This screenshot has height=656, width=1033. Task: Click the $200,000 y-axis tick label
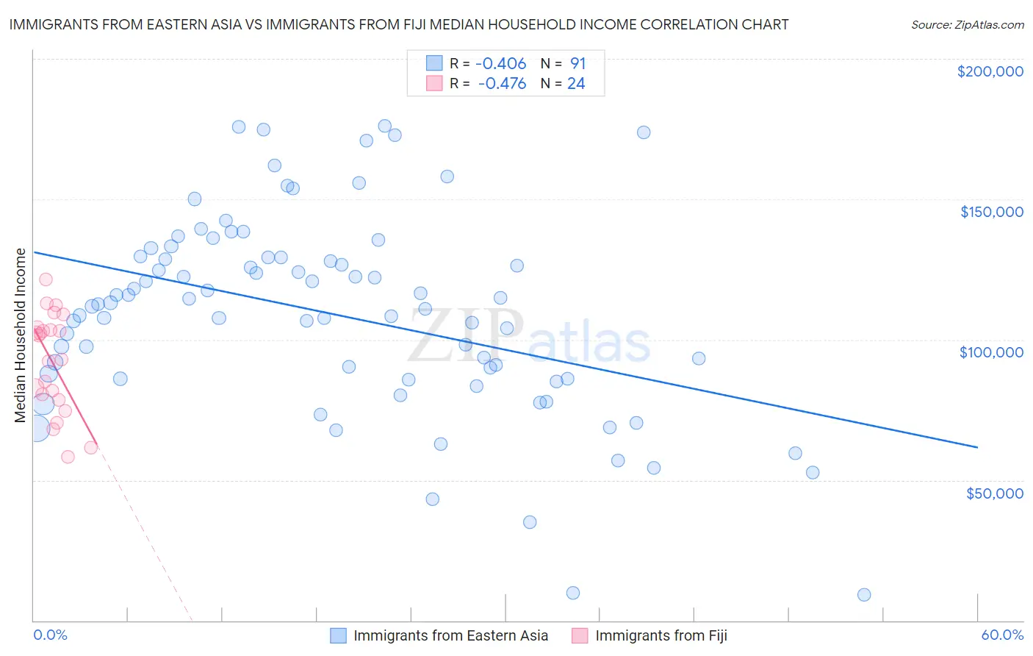pyautogui.click(x=990, y=71)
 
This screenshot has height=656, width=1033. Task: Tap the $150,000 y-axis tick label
pyautogui.click(x=991, y=212)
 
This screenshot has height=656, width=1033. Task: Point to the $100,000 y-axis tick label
pyautogui.click(x=991, y=352)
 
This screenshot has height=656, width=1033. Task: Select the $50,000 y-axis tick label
pyautogui.click(x=994, y=493)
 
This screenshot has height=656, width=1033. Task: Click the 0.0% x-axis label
pyautogui.click(x=50, y=635)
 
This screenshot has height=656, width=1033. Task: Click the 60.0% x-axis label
pyautogui.click(x=1002, y=635)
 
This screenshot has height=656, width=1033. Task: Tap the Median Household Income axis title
pyautogui.click(x=20, y=335)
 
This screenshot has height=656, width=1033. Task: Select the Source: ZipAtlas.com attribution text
pyautogui.click(x=967, y=24)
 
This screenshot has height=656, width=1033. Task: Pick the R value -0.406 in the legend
pyautogui.click(x=501, y=64)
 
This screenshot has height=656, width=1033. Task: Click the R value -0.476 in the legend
pyautogui.click(x=502, y=84)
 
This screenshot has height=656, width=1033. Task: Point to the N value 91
pyautogui.click(x=577, y=64)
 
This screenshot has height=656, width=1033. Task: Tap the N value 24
pyautogui.click(x=576, y=84)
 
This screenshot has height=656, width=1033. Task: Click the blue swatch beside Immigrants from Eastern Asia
pyautogui.click(x=338, y=635)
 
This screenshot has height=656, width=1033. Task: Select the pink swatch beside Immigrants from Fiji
pyautogui.click(x=580, y=635)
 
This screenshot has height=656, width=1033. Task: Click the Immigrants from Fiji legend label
pyautogui.click(x=661, y=635)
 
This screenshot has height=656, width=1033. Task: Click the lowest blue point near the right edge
pyautogui.click(x=864, y=595)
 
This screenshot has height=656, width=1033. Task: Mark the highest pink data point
pyautogui.click(x=46, y=279)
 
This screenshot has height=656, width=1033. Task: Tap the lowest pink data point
pyautogui.click(x=68, y=457)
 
